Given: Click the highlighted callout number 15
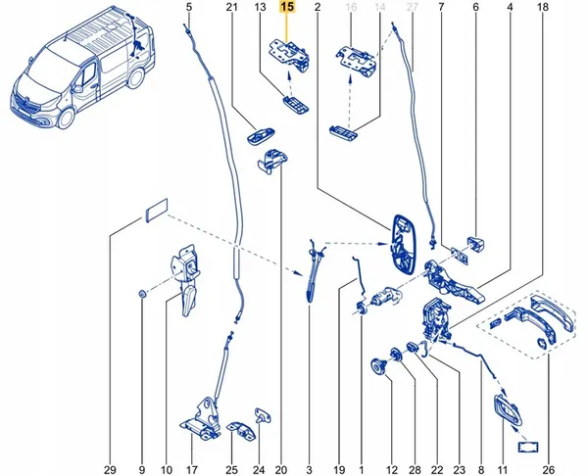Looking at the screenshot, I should [x=287, y=9].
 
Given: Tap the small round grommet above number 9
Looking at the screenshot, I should [x=142, y=294].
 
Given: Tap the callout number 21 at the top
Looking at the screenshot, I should [x=232, y=9].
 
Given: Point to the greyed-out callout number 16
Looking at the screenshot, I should [x=349, y=9].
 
